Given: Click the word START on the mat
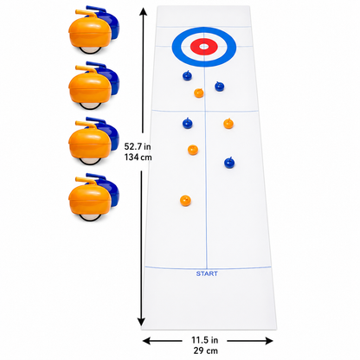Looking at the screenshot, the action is pos(207,273).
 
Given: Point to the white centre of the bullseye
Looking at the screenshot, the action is pos(204,47).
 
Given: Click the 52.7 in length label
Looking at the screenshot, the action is pos(138,146).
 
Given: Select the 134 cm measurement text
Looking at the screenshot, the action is pos(138,157).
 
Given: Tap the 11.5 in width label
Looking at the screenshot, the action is pos(205,340).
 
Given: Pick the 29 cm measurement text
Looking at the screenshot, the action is pos(206,350).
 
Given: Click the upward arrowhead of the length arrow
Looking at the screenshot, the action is pos(144,11).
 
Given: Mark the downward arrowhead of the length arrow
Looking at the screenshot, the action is pos(141,321).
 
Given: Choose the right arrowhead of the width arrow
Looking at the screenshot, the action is pos(268,341).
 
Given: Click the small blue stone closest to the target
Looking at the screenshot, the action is pos(187,75).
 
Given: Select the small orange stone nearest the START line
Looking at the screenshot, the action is pos(185,201).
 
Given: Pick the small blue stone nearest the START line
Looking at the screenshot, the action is pos(229,163).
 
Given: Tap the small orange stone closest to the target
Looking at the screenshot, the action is pos(199,93).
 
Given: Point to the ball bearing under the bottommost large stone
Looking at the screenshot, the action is pos(91,217).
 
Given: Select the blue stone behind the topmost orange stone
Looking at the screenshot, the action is pos(106,21).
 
